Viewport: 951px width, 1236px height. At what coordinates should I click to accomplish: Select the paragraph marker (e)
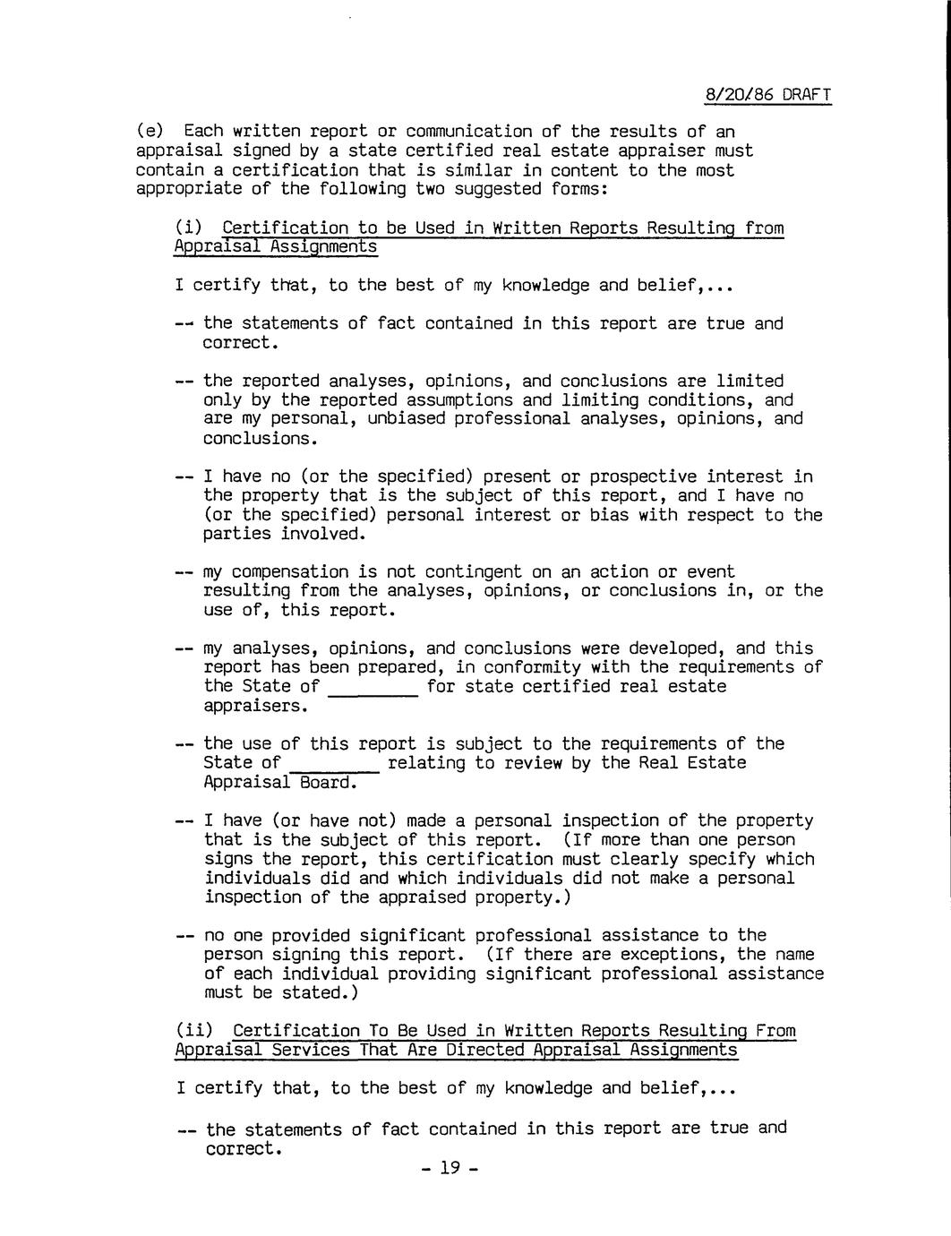[x=150, y=133]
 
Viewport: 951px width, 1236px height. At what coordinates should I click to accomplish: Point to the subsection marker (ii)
[x=194, y=1031]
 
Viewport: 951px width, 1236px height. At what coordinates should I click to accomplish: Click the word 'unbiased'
[x=407, y=419]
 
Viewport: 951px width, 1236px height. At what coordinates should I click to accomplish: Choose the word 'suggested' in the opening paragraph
[x=497, y=189]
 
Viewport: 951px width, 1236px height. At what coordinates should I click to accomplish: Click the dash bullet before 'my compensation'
[x=184, y=572]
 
